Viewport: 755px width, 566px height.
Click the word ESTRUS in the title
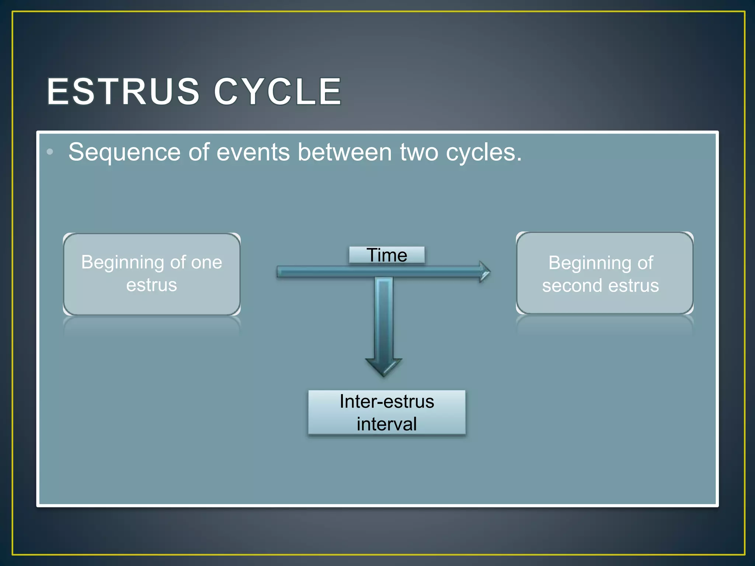123,91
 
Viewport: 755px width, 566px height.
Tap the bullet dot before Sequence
50,152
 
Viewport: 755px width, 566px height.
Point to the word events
253,153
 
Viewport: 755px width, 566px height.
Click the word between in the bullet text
344,153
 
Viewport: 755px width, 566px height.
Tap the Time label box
387,255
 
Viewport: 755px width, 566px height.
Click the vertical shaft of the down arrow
383,317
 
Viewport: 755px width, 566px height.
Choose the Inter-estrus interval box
387,412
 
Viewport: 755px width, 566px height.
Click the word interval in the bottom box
387,424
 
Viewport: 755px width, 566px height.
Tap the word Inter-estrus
387,401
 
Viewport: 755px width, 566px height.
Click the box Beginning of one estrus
152,274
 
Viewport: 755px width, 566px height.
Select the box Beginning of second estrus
605,273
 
